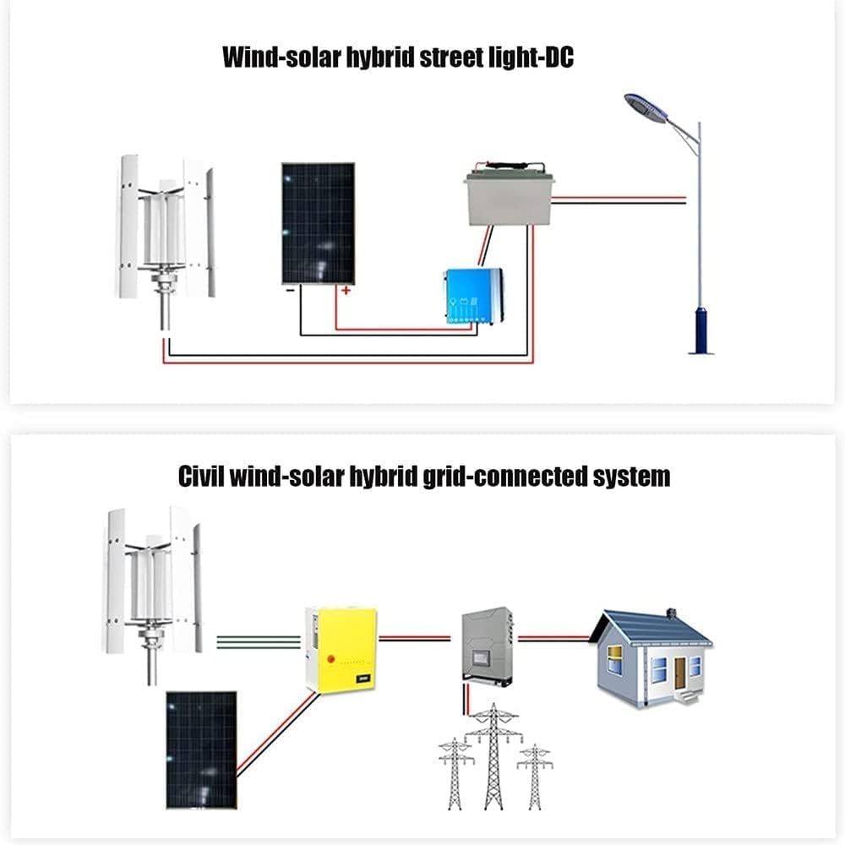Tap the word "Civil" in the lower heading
tap(204, 476)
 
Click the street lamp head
tap(646, 106)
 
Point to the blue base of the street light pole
tap(700, 330)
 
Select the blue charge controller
tap(473, 296)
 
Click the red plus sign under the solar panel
tap(345, 291)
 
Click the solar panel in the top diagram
tap(318, 223)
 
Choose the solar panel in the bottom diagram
tap(201, 749)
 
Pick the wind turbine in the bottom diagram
tap(152, 583)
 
